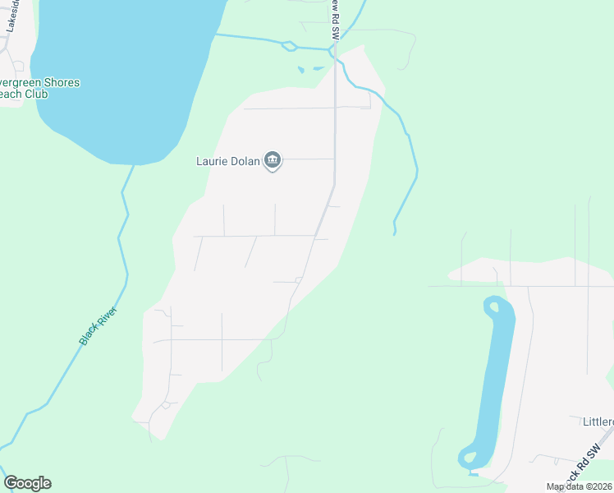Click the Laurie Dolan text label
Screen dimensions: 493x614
[227, 160]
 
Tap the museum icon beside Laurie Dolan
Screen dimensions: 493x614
[273, 160]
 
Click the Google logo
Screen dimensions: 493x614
[27, 483]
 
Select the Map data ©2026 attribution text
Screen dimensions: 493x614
[579, 486]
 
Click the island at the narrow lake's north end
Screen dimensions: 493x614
[494, 308]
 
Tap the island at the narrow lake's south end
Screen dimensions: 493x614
[469, 456]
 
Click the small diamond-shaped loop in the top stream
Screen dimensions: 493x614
[287, 46]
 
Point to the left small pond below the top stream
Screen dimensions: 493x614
[301, 70]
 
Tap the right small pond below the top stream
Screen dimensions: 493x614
[318, 68]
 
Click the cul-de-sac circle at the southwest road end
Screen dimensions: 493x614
[166, 404]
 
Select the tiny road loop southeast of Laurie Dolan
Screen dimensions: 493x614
[298, 280]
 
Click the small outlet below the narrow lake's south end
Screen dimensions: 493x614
[472, 472]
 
